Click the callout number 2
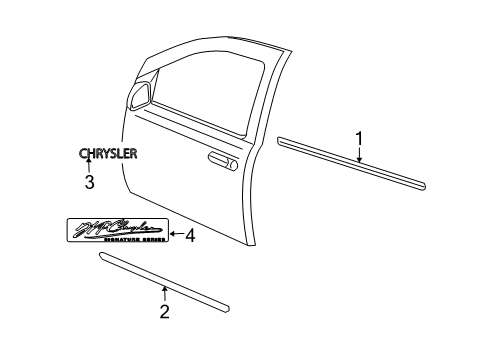[x=164, y=310]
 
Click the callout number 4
[x=190, y=236]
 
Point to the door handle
[x=219, y=159]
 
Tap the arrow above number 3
[x=88, y=166]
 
